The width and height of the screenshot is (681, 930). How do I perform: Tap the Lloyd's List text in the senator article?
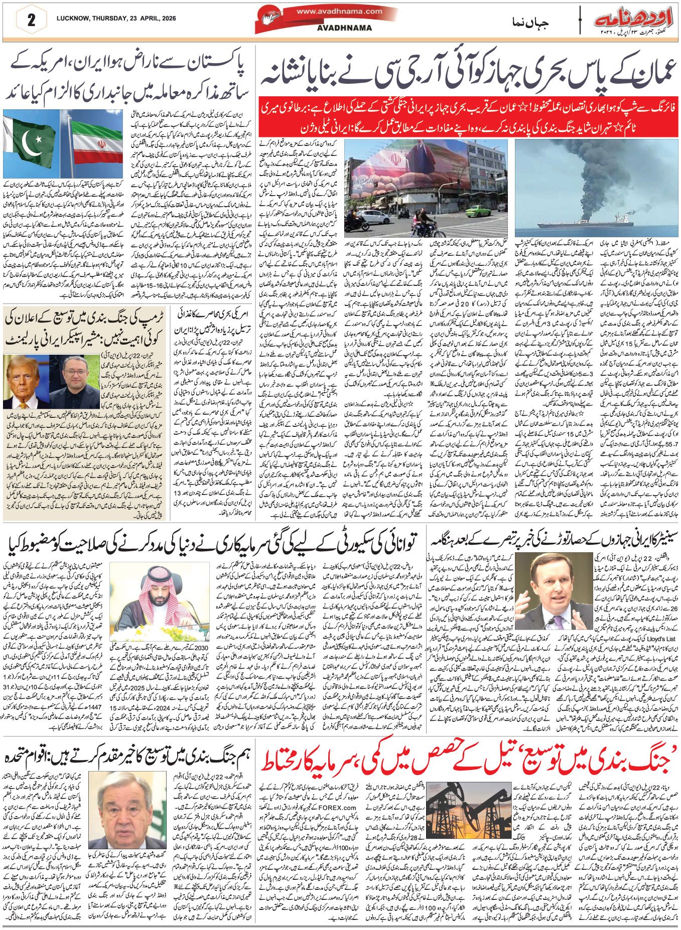coord(651,638)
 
